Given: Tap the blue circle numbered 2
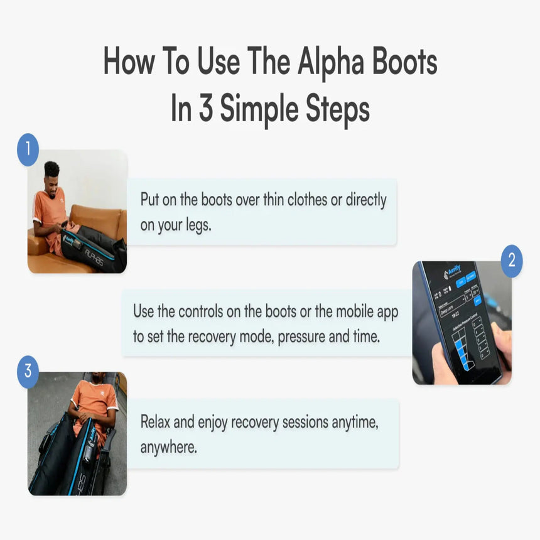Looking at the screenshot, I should pos(512,260).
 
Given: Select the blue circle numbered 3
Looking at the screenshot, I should pos(28,371).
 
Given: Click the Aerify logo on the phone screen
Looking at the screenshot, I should pos(453,272).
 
